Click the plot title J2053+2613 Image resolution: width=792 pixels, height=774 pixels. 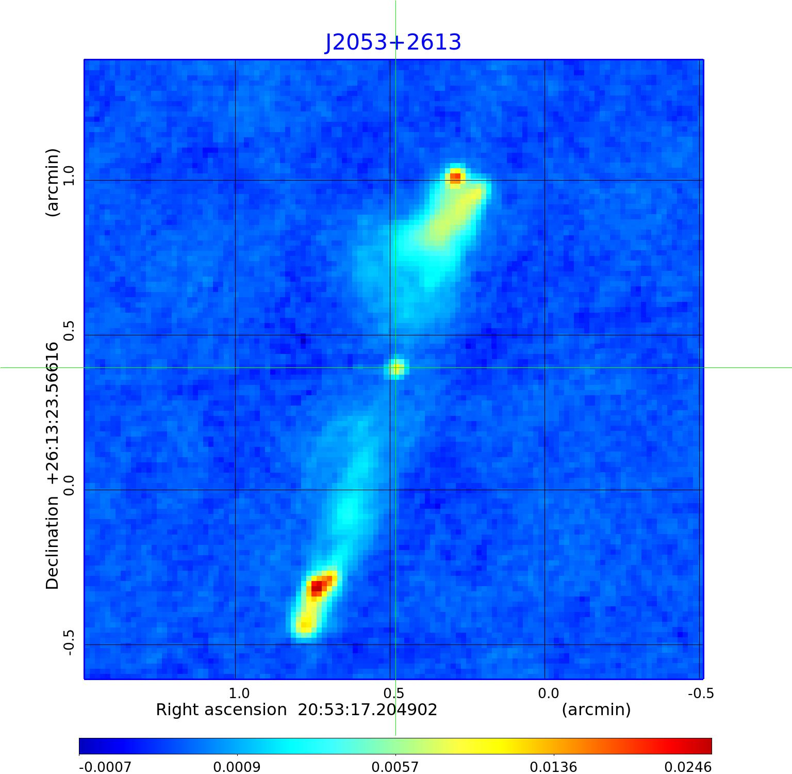click(393, 42)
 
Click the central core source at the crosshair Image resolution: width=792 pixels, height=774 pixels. click(396, 368)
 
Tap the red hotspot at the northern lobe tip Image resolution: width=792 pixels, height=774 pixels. click(455, 178)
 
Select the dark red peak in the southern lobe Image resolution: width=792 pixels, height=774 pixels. click(317, 587)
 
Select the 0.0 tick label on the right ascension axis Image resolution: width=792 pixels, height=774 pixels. click(548, 693)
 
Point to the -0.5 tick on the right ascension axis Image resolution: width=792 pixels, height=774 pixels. click(701, 693)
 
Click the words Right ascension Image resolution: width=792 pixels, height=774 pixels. click(221, 710)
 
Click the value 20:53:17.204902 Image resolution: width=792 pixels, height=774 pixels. click(368, 710)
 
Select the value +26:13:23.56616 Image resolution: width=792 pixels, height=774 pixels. click(53, 413)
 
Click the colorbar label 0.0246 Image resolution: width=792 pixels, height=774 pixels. click(686, 767)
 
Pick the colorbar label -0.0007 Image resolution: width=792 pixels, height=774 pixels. click(105, 767)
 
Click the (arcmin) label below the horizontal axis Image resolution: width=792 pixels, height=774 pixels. click(596, 710)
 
